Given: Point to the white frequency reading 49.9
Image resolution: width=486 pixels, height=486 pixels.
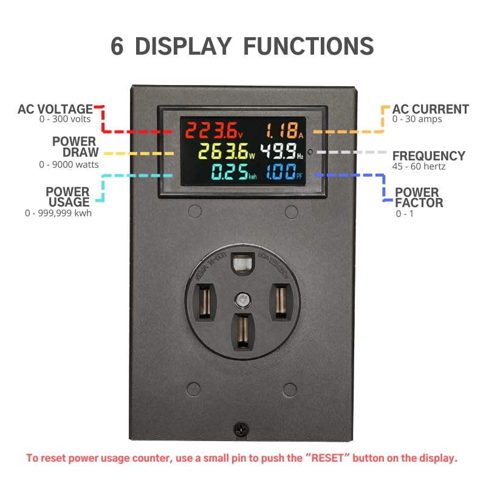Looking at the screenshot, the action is [x=278, y=151].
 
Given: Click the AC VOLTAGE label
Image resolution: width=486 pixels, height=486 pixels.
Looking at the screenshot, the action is [x=55, y=109].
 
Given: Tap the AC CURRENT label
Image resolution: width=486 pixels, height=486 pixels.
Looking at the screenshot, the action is [x=430, y=109].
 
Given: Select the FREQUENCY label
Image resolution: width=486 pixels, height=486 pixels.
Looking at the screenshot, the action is [x=428, y=156].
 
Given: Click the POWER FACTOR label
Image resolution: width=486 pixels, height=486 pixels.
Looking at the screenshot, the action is [x=419, y=198].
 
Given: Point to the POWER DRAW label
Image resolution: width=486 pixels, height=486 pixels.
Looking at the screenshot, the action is [x=75, y=147].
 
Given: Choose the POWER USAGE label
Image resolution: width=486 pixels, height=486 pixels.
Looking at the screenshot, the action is [x=67, y=197].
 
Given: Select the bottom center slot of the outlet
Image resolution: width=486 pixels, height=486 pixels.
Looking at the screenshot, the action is [x=242, y=330].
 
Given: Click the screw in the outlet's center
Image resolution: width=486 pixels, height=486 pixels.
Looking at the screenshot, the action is [x=242, y=299].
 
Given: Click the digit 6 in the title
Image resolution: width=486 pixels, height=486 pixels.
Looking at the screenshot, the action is [x=117, y=47].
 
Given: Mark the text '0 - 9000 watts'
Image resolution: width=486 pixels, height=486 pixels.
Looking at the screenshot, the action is [x=69, y=164].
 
